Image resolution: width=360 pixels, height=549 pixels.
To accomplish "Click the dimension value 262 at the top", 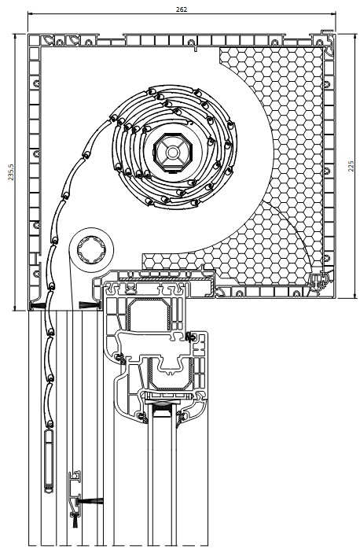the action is tap(182, 9).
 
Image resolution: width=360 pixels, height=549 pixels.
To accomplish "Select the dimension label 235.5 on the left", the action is tap(11, 172).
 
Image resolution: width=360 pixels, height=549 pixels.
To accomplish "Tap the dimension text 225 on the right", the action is tap(351, 166).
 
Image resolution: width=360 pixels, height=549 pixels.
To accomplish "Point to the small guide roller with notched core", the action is tap(92, 250).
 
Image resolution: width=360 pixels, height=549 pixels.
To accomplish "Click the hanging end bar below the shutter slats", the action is tap(49, 461).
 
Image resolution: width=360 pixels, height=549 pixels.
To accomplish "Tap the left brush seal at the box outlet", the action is tap(38, 305).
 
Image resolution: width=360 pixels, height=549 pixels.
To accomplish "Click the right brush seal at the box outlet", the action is tap(90, 305).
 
